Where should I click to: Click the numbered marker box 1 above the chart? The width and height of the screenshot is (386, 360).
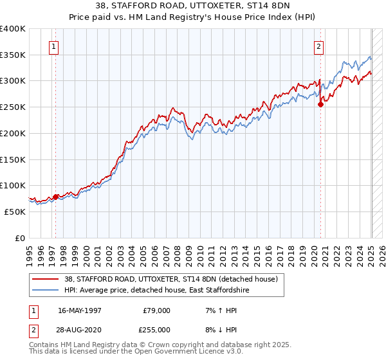(x=55, y=46)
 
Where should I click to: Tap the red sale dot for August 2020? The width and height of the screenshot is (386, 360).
(x=321, y=105)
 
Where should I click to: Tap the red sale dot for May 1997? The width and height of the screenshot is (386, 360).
(x=55, y=197)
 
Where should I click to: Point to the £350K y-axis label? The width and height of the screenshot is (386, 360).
(x=13, y=55)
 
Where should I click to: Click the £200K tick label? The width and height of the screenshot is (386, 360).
(x=13, y=133)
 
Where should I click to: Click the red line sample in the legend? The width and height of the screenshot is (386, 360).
(x=45, y=279)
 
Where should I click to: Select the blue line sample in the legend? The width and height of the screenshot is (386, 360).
(x=45, y=291)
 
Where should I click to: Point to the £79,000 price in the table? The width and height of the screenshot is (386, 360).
(x=155, y=310)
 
